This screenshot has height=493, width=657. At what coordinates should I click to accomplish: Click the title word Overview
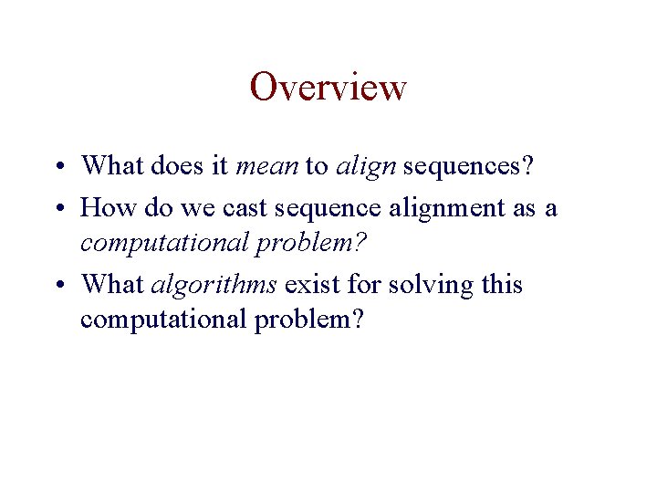pyautogui.click(x=328, y=88)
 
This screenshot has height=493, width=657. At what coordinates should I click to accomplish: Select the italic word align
pyautogui.click(x=365, y=165)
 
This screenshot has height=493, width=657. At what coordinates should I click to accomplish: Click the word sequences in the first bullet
pyautogui.click(x=467, y=165)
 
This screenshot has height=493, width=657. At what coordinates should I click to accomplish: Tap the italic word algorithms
pyautogui.click(x=214, y=285)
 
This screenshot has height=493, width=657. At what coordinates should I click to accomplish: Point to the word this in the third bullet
pyautogui.click(x=502, y=285)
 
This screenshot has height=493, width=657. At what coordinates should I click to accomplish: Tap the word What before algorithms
pyautogui.click(x=112, y=285)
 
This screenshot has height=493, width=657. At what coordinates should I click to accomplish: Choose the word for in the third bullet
pyautogui.click(x=362, y=285)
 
